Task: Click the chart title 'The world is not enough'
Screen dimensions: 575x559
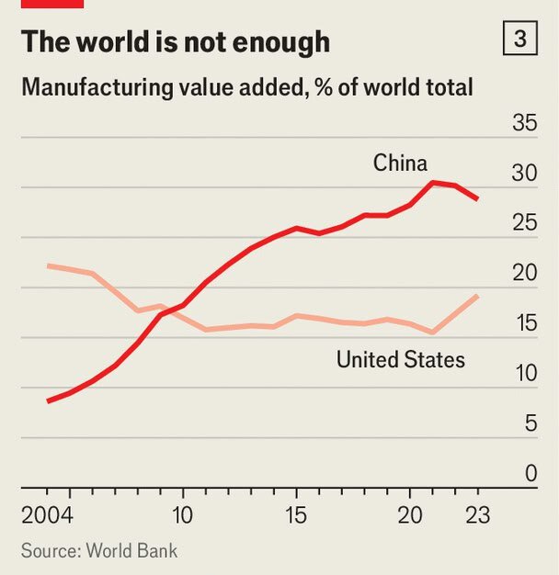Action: pos(175,41)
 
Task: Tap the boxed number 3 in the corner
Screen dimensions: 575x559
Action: pos(520,40)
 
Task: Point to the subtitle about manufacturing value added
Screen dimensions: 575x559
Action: pos(246,88)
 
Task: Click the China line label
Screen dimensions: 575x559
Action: pos(400,163)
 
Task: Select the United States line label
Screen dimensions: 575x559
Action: pos(400,359)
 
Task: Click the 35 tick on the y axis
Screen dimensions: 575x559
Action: pos(524,123)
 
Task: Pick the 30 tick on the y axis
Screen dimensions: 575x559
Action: pos(524,173)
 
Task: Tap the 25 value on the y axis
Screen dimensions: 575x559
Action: pos(524,223)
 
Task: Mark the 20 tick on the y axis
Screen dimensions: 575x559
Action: pos(524,273)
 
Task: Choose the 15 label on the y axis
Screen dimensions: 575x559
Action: pos(524,323)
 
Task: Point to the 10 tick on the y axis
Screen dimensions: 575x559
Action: pos(524,374)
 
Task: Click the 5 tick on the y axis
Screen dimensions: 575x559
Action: pos(530,423)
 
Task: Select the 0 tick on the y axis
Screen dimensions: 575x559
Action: pos(530,474)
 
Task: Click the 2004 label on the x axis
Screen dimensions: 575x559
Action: pos(47,513)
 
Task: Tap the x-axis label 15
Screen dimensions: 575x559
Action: pos(296,513)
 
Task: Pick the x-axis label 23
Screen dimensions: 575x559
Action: pos(478,513)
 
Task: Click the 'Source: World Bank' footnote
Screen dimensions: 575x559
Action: pos(99,550)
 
